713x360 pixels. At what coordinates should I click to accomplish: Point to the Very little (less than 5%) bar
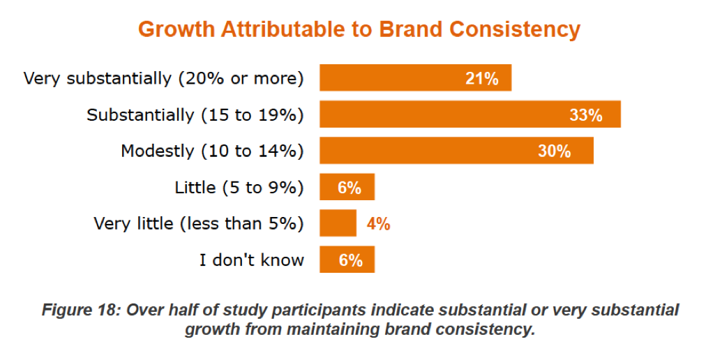pyautogui.click(x=338, y=223)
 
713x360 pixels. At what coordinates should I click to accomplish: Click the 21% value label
pyautogui.click(x=482, y=79)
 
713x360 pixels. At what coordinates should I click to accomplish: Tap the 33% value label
pyautogui.click(x=586, y=115)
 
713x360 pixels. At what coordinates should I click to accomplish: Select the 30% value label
pyautogui.click(x=555, y=151)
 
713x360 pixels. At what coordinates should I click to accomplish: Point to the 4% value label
pyautogui.click(x=378, y=224)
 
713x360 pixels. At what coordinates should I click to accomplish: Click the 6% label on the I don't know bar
pyautogui.click(x=350, y=260)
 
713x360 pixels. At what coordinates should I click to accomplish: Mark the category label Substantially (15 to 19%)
pyautogui.click(x=195, y=114)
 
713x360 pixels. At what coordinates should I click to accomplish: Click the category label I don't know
pyautogui.click(x=252, y=260)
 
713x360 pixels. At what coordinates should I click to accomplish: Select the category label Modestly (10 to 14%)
pyautogui.click(x=212, y=151)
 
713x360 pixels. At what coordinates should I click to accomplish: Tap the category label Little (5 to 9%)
pyautogui.click(x=239, y=187)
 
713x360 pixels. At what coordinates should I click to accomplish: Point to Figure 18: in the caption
pyautogui.click(x=82, y=310)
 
